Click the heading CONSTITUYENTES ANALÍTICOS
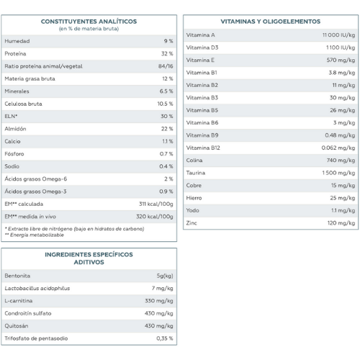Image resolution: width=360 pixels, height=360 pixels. [x=89, y=22]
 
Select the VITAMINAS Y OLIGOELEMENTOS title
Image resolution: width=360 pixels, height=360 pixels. [x=271, y=22]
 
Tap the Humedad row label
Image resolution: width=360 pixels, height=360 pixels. [x=17, y=41]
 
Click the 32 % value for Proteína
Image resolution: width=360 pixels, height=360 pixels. [x=167, y=53]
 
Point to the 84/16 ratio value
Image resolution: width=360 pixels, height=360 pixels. [x=166, y=66]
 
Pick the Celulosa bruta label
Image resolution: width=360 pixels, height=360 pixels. [x=23, y=104]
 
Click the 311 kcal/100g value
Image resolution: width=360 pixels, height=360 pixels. [x=156, y=204]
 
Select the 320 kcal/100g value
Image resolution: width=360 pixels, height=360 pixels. [x=155, y=217]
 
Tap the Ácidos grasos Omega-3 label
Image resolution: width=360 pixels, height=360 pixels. [x=35, y=192]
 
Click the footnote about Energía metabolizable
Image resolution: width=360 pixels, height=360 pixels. [x=35, y=235]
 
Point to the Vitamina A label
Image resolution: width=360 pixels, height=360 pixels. [x=200, y=35]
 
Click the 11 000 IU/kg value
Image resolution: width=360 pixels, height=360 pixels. [x=338, y=35]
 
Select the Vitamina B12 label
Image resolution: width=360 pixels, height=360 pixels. [x=203, y=148]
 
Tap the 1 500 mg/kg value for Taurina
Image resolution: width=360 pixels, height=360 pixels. [x=338, y=173]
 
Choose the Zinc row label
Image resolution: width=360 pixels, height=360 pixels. [x=192, y=223]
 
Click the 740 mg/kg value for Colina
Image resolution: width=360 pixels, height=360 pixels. [x=341, y=161]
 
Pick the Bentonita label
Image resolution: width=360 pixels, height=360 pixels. [x=17, y=276]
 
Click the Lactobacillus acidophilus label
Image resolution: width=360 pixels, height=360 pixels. [x=37, y=288]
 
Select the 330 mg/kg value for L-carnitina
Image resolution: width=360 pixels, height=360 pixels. [x=159, y=301]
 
